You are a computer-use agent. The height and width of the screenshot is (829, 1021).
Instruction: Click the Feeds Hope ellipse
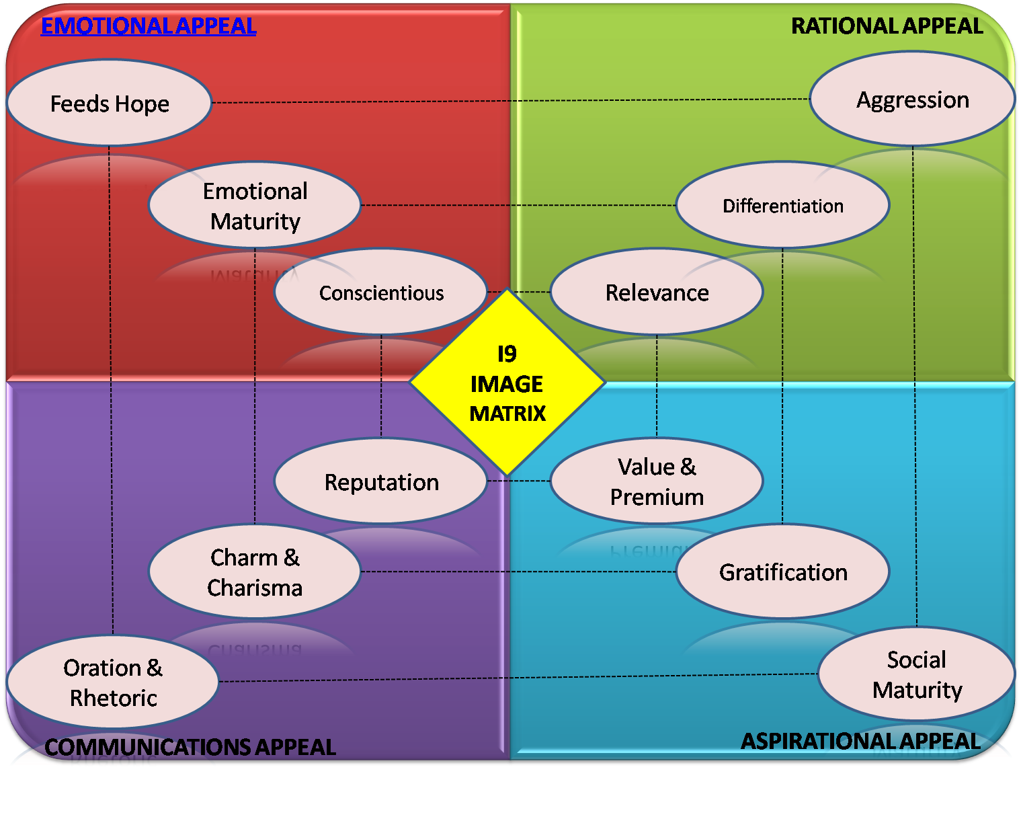pyautogui.click(x=110, y=103)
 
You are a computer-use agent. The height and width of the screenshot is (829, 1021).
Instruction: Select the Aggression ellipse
pyautogui.click(x=912, y=100)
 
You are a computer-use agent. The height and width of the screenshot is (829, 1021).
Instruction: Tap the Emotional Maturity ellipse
pyautogui.click(x=255, y=205)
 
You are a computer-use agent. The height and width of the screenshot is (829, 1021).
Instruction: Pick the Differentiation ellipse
pyautogui.click(x=782, y=205)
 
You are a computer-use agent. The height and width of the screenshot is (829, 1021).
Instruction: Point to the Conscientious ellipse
pyautogui.click(x=381, y=292)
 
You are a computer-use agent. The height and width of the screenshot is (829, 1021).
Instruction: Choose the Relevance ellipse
pyautogui.click(x=657, y=292)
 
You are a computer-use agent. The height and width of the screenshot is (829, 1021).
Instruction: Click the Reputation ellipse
pyautogui.click(x=381, y=481)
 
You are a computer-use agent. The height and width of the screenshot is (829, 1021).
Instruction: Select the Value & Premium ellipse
pyautogui.click(x=657, y=481)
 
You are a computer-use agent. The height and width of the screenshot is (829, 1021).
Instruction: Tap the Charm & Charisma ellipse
pyautogui.click(x=255, y=572)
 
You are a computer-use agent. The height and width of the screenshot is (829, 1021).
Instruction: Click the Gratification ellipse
pyautogui.click(x=782, y=572)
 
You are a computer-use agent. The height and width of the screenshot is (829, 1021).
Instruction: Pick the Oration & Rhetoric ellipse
pyautogui.click(x=113, y=682)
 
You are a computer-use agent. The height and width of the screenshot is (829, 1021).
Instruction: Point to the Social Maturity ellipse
pyautogui.click(x=917, y=674)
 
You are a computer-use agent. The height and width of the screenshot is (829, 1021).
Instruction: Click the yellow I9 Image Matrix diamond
pyautogui.click(x=507, y=383)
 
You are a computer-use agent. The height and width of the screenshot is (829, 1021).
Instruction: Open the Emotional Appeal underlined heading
pyautogui.click(x=149, y=26)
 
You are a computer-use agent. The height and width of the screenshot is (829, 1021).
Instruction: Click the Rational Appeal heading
pyautogui.click(x=887, y=26)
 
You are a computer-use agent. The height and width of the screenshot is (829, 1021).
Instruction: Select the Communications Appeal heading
pyautogui.click(x=190, y=746)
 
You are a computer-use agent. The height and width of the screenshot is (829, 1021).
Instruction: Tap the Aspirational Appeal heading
pyautogui.click(x=860, y=740)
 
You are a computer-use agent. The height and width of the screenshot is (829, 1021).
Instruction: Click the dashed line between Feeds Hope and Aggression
pyautogui.click(x=511, y=101)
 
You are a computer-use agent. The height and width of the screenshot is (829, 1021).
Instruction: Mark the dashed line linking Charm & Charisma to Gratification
pyautogui.click(x=518, y=572)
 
